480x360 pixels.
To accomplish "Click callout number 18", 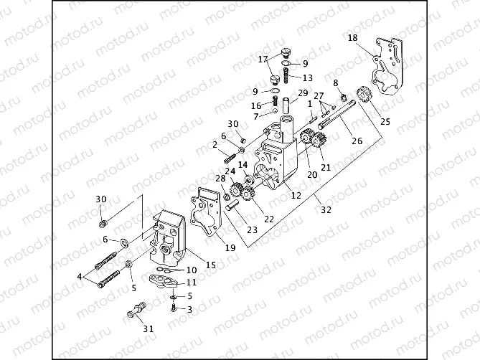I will (x=352, y=37).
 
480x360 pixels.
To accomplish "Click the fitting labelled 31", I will (x=136, y=311).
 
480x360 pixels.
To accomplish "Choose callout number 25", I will (x=385, y=121).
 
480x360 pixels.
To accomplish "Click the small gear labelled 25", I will (x=363, y=94).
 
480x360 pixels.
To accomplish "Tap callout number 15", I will (x=211, y=265).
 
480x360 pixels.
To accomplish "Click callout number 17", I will (x=263, y=59).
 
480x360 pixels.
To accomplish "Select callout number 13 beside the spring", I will (x=307, y=77).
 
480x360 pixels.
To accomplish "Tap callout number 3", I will (x=189, y=309).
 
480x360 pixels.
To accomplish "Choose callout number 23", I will (x=251, y=230).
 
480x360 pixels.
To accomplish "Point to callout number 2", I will (x=215, y=145).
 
